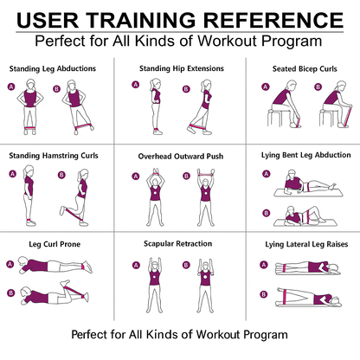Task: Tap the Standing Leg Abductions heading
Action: (x=53, y=68)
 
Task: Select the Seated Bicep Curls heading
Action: (x=305, y=69)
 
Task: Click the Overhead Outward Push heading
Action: (x=181, y=157)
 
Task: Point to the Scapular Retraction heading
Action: (x=177, y=244)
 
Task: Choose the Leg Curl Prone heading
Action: (x=55, y=244)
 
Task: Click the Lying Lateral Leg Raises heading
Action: (x=306, y=244)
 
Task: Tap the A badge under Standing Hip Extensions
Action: (x=136, y=85)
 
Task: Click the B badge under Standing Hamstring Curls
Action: (x=61, y=175)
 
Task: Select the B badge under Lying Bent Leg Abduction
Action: (x=266, y=213)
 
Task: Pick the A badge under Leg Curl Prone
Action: (x=10, y=264)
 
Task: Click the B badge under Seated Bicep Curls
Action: (x=318, y=87)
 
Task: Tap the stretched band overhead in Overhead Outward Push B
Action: (x=205, y=174)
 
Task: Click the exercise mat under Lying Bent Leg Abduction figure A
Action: (x=308, y=193)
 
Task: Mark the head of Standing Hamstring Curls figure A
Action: (x=29, y=170)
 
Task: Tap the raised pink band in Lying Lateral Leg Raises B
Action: (x=285, y=297)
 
